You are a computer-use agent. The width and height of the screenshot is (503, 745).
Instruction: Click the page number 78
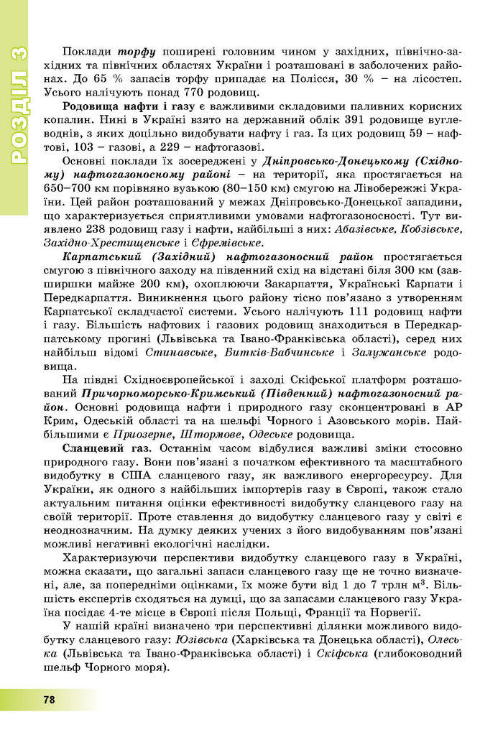[49, 699]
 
